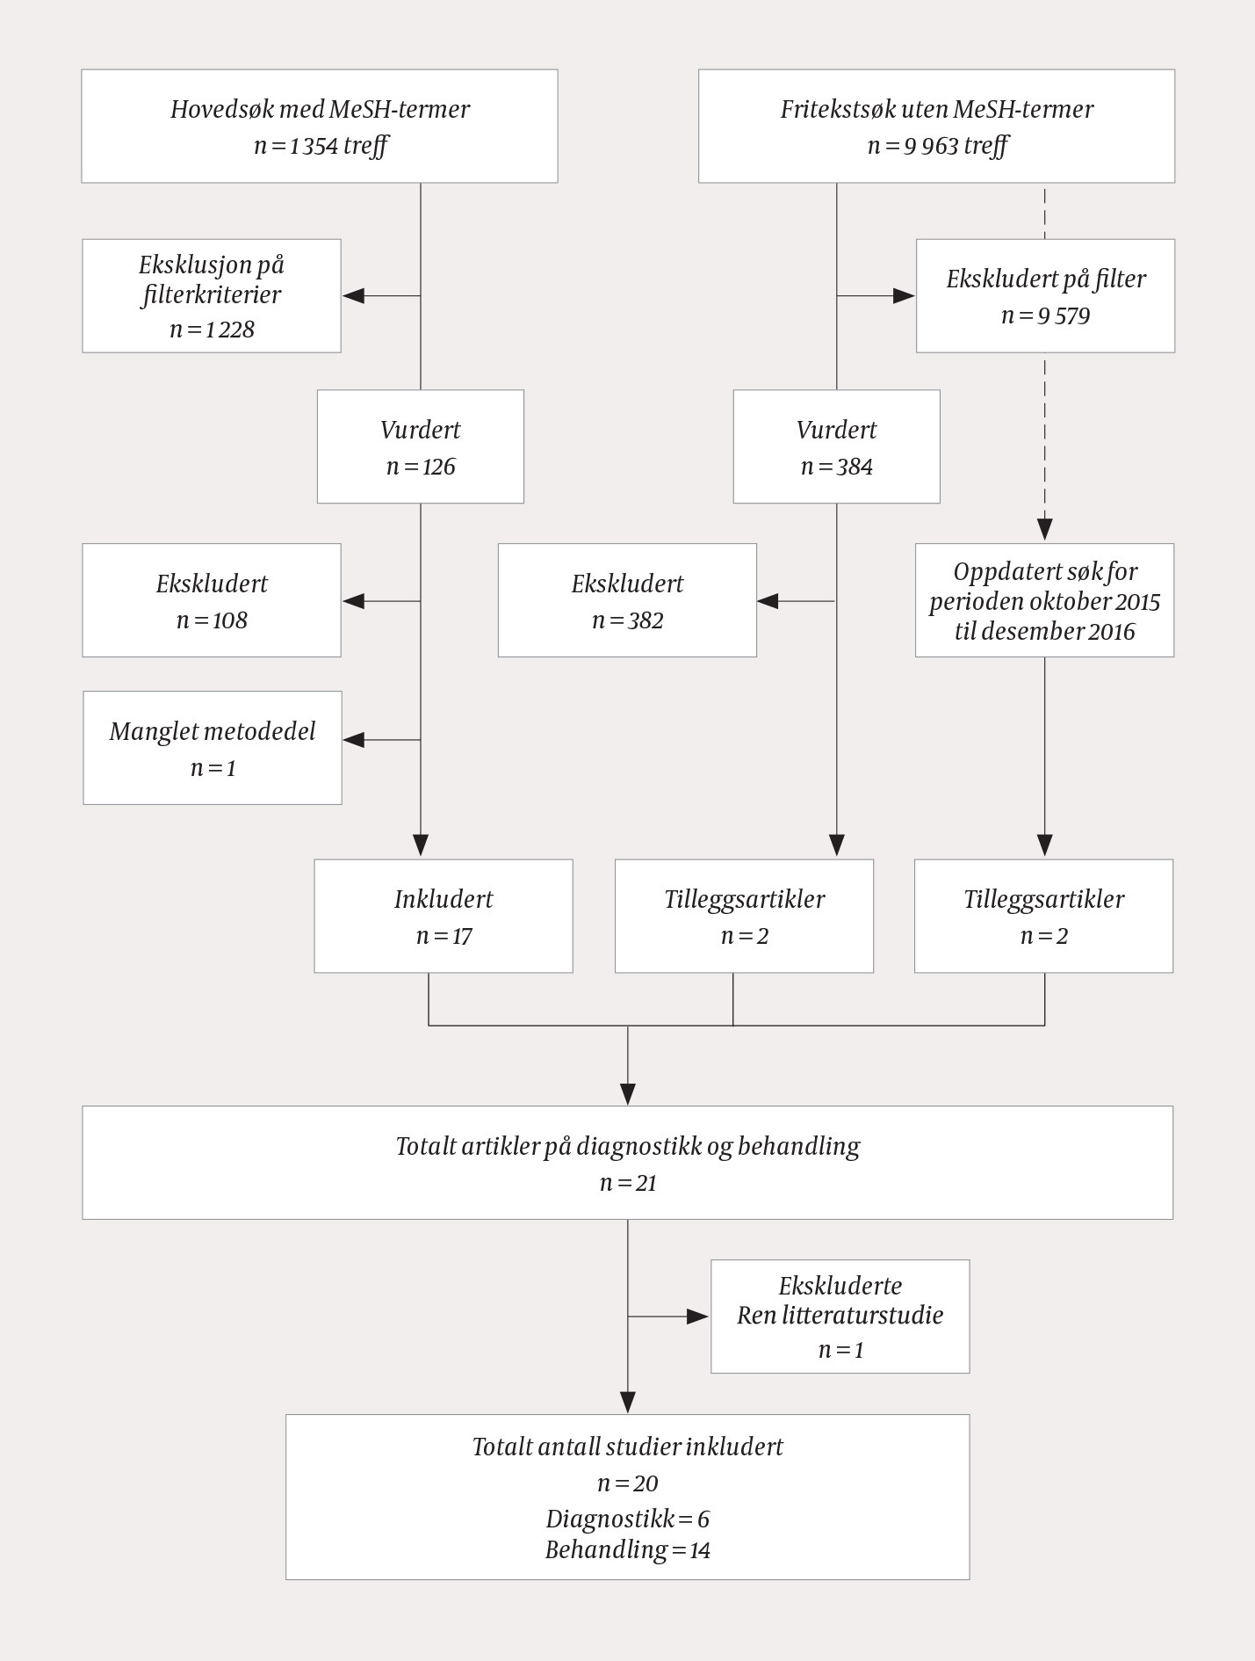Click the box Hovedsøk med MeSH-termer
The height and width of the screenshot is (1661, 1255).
pos(320,127)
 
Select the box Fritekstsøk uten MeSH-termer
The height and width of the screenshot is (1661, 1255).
pos(936,127)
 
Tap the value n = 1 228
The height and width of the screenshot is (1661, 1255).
pos(212,330)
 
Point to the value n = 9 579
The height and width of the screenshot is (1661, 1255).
pos(1045,316)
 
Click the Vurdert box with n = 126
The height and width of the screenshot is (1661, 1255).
pos(420,446)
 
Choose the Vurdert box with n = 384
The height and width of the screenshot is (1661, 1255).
pos(836,446)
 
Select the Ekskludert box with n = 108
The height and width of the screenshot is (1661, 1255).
pos(212,600)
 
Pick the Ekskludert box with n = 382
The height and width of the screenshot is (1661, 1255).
pos(627,600)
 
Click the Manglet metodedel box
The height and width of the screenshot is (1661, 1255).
pos(213,748)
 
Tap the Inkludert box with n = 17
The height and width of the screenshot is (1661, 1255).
pos(444,916)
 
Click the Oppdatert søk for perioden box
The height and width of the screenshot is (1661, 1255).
pos(1044,600)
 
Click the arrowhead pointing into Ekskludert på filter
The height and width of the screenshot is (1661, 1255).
pos(904,296)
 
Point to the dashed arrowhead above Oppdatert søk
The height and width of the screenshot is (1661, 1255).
pos(1044,529)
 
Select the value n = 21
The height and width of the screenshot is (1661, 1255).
pos(628,1183)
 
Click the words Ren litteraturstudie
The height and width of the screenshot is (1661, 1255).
pos(840,1316)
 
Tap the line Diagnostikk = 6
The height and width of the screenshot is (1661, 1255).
pos(627,1519)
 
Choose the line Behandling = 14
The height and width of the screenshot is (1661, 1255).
pos(627,1549)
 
